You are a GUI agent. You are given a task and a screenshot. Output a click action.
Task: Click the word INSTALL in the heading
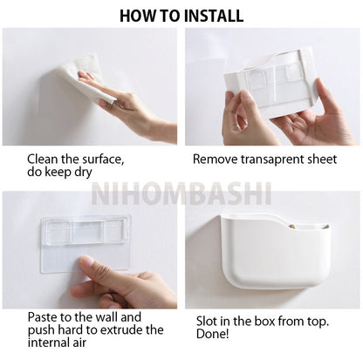[x=214, y=16]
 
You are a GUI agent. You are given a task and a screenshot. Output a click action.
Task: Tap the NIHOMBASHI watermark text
[x=181, y=194]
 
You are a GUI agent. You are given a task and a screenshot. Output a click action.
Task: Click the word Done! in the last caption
[x=213, y=334]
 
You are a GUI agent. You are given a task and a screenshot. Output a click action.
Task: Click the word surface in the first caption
[x=103, y=160]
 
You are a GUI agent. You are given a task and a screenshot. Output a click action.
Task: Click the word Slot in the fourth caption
[x=207, y=321]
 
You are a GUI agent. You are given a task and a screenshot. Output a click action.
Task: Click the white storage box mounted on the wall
[x=275, y=251]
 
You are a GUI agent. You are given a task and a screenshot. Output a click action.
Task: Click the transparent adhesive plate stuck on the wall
[x=86, y=244]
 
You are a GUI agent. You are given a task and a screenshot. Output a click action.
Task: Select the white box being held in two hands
[x=270, y=83]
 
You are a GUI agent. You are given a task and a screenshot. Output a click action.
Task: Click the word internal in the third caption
[x=49, y=343]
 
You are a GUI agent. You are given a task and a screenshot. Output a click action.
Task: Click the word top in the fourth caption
[x=317, y=322]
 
